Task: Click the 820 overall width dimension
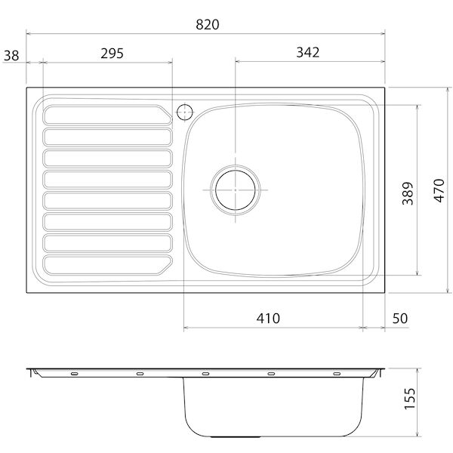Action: [x=207, y=24]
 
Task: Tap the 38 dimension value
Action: [x=11, y=54]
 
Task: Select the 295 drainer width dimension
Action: [x=111, y=53]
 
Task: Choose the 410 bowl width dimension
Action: [x=267, y=318]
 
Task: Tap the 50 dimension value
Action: [x=399, y=318]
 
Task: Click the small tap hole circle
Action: [x=183, y=112]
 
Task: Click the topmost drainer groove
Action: [x=106, y=115]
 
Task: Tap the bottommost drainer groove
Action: [x=106, y=266]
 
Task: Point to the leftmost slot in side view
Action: [x=74, y=373]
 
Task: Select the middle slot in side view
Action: [x=205, y=373]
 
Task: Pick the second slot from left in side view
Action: [x=140, y=373]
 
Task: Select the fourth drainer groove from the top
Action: [x=106, y=180]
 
